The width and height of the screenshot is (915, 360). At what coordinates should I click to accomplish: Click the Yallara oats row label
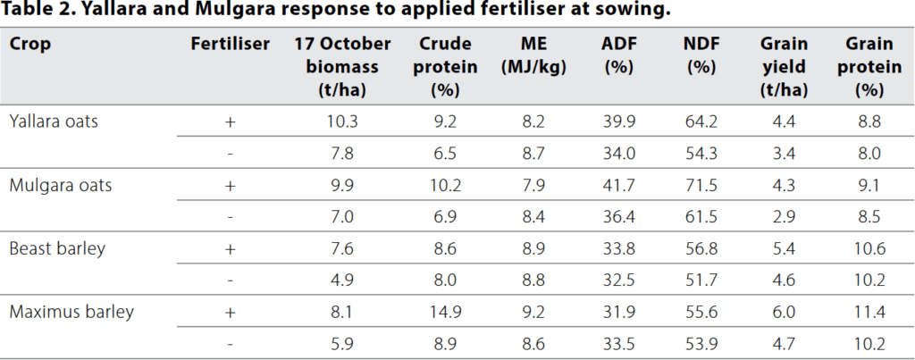[54, 121]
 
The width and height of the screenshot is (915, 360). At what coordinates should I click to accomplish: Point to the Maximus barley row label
[71, 312]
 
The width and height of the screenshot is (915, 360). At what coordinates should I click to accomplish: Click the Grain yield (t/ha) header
[785, 67]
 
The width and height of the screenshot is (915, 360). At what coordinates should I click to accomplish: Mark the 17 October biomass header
[343, 67]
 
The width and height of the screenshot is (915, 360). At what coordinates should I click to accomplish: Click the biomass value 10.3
[343, 121]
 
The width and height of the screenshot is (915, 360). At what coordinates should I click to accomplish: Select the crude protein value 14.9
[444, 312]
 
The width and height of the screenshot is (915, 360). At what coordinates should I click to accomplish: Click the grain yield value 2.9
[785, 216]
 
